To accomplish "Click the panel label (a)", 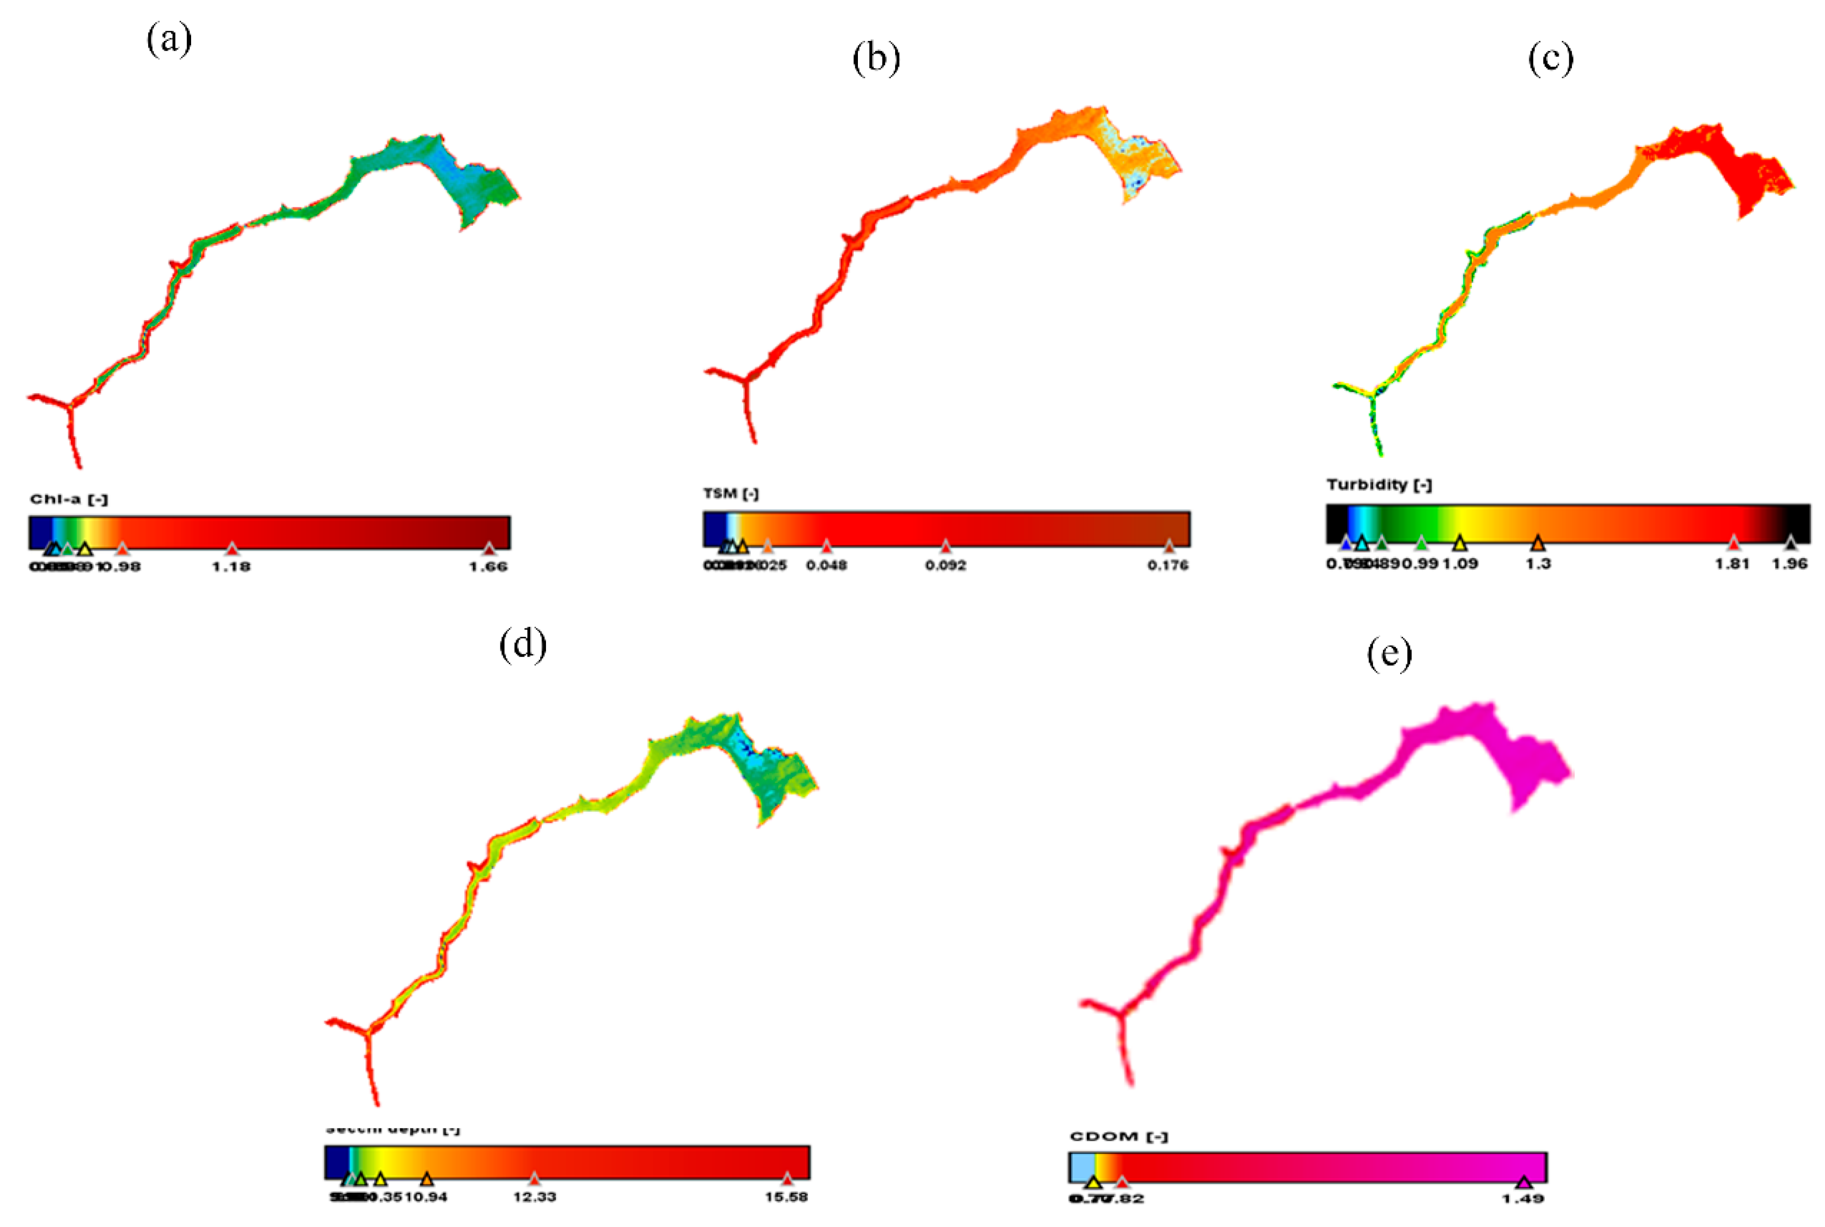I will [169, 39].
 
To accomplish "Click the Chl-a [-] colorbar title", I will [69, 499].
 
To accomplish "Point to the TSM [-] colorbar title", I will [730, 494].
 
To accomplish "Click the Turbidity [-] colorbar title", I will [1379, 485].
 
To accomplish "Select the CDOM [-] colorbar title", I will [1118, 1136].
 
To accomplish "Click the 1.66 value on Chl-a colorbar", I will [488, 567].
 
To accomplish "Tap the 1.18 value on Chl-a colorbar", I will [231, 567].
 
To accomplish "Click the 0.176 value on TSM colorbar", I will [1168, 565].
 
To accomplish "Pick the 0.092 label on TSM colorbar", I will [946, 565].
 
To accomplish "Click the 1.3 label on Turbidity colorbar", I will [1538, 563].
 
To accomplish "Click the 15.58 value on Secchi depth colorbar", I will [786, 1197].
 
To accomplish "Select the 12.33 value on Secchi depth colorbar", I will [534, 1197].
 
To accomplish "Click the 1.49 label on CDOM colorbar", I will [1523, 1199].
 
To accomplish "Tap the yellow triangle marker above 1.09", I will [1460, 543].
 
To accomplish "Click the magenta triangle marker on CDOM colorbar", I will [1523, 1182].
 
